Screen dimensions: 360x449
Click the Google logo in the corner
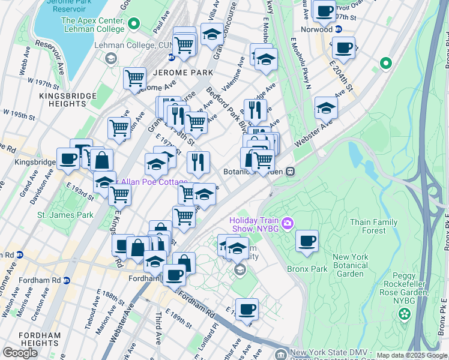click(x=20, y=353)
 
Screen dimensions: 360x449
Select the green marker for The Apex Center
click(x=133, y=24)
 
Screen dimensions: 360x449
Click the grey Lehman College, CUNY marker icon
click(x=110, y=58)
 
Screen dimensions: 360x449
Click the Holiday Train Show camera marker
click(x=288, y=224)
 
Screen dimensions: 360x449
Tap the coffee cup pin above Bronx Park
click(x=307, y=241)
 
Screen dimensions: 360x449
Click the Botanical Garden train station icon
click(x=290, y=171)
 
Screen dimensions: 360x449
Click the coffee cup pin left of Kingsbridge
click(x=68, y=158)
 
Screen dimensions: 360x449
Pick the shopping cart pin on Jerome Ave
click(x=135, y=78)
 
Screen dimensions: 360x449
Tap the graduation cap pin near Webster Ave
click(x=326, y=107)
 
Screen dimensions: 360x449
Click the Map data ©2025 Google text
click(x=411, y=355)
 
